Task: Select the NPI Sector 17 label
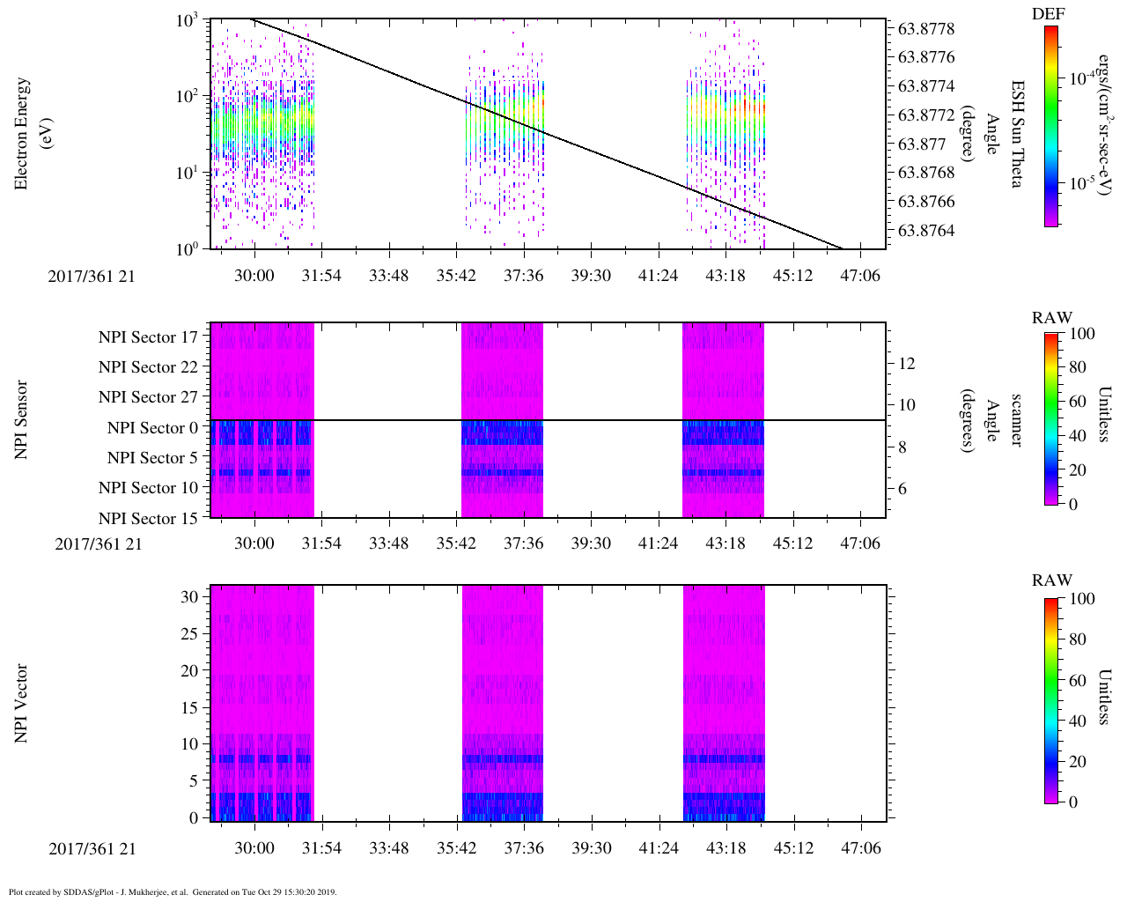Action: [148, 336]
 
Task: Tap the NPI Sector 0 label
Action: [152, 428]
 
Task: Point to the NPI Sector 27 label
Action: [148, 397]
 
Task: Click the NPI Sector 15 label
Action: [148, 519]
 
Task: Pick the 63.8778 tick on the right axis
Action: [926, 29]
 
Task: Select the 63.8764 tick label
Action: [926, 231]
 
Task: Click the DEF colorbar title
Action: [1048, 13]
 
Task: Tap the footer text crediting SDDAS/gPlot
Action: [173, 891]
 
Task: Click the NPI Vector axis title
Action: [21, 703]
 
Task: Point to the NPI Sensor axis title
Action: [21, 419]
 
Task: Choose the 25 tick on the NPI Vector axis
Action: [190, 633]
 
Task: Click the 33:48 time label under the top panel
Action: [388, 276]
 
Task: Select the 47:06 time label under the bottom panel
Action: [860, 848]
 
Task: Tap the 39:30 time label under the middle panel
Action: [590, 543]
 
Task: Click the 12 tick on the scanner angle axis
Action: [907, 363]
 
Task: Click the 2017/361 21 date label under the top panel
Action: [92, 276]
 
